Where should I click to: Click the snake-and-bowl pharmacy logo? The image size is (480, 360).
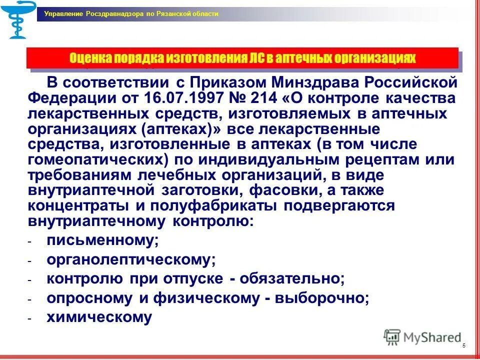click(18, 20)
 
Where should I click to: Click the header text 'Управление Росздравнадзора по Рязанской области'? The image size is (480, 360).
click(131, 14)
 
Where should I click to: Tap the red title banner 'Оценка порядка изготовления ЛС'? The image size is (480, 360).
click(242, 58)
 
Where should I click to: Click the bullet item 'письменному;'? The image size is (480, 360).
click(102, 240)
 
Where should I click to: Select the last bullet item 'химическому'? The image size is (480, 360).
click(99, 317)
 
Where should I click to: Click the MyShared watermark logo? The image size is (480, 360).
click(422, 337)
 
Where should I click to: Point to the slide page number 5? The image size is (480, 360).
click(464, 346)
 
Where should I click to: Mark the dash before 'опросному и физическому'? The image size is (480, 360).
click(29, 299)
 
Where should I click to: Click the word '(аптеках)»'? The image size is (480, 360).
click(181, 128)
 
